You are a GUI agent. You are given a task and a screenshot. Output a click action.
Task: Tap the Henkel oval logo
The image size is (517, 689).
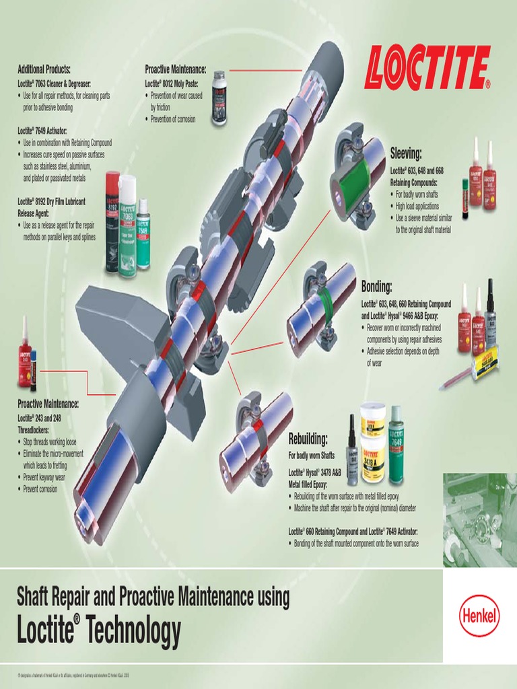[x=479, y=615]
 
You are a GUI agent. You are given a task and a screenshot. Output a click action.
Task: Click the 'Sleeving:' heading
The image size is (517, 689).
[x=406, y=153]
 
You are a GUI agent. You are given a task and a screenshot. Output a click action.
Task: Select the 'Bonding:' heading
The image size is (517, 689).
[x=376, y=287]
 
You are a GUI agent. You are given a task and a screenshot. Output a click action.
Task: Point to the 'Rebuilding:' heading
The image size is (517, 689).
[x=308, y=440]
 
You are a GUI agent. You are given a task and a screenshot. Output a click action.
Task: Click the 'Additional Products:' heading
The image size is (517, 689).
[x=44, y=69]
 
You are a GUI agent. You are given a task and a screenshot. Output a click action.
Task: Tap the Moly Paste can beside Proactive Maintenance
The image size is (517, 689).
[x=219, y=98]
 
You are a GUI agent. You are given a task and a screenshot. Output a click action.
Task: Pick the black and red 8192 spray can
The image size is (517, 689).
[x=112, y=222]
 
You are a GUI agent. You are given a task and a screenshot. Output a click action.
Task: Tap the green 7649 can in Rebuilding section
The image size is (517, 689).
[x=396, y=445]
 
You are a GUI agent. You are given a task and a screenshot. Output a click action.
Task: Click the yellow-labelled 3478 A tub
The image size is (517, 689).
[x=372, y=459]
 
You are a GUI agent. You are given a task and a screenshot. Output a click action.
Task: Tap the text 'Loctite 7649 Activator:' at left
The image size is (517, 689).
[x=42, y=131]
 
